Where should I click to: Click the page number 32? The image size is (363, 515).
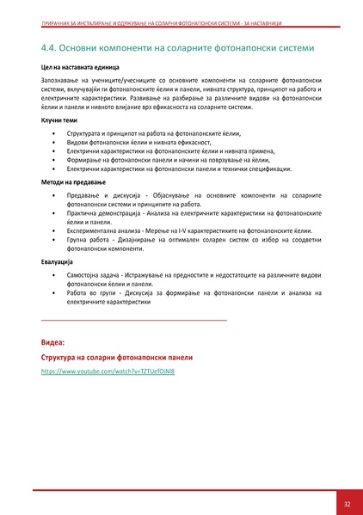(x=346, y=504)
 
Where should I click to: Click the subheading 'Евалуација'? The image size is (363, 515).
(x=59, y=261)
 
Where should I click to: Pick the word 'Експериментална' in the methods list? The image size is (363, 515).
(x=93, y=231)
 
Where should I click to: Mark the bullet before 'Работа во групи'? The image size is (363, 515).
(x=54, y=292)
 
